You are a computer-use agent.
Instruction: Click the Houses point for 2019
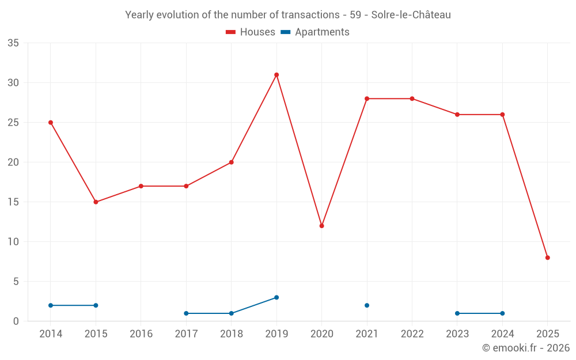[x=276, y=75]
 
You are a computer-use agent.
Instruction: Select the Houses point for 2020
[x=321, y=226]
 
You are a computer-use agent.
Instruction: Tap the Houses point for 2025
[x=548, y=257]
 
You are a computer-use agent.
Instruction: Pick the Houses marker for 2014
[x=51, y=123]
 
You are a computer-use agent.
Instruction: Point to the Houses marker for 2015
[x=96, y=202]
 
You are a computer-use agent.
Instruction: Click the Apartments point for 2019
[x=276, y=297]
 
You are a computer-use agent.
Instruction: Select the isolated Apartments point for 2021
[x=367, y=305]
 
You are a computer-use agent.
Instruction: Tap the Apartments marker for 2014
[x=51, y=305]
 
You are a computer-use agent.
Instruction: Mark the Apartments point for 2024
[x=502, y=313]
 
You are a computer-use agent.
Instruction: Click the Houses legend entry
[x=251, y=32]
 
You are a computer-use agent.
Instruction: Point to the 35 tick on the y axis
[x=13, y=43]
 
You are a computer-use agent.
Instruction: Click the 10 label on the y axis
[x=13, y=242]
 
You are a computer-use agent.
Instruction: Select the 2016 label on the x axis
[x=141, y=334]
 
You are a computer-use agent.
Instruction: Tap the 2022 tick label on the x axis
[x=412, y=334]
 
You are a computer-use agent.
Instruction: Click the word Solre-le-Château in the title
[x=411, y=15]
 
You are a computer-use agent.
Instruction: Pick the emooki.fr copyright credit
[x=526, y=348]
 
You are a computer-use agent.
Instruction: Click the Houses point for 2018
[x=232, y=162]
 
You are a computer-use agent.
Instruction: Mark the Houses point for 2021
[x=367, y=98]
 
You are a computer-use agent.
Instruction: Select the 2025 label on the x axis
[x=548, y=334]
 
